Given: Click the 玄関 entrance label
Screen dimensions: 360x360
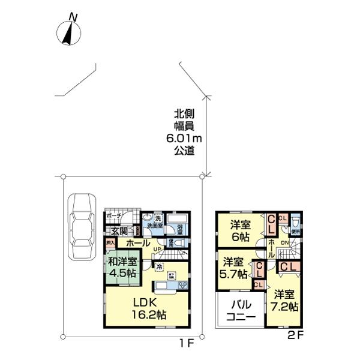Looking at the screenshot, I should coord(118,231).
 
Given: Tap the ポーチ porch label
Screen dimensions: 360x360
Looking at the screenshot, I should coord(113,216).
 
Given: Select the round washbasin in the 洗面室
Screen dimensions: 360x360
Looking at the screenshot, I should coord(147,218).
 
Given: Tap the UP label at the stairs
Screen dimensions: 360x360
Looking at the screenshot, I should coord(157,249).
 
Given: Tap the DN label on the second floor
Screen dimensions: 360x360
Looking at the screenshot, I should coord(286,243).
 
